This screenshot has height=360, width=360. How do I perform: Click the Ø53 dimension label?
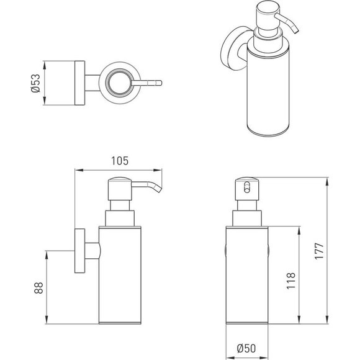pyautogui.click(x=35, y=83)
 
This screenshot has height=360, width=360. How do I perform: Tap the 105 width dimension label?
pyautogui.click(x=120, y=161)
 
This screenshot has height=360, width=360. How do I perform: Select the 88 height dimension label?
pyautogui.click(x=38, y=287)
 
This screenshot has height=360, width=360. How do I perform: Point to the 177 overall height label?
pyautogui.click(x=319, y=251)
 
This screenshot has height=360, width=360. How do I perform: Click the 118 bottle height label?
pyautogui.click(x=291, y=281)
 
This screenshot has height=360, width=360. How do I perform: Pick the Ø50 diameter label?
pyautogui.click(x=246, y=348)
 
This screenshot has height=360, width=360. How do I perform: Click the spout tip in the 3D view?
pyautogui.click(x=295, y=31)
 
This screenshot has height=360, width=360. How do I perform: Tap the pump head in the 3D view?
pyautogui.click(x=268, y=16)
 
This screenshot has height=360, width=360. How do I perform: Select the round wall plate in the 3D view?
pyautogui.click(x=232, y=48)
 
